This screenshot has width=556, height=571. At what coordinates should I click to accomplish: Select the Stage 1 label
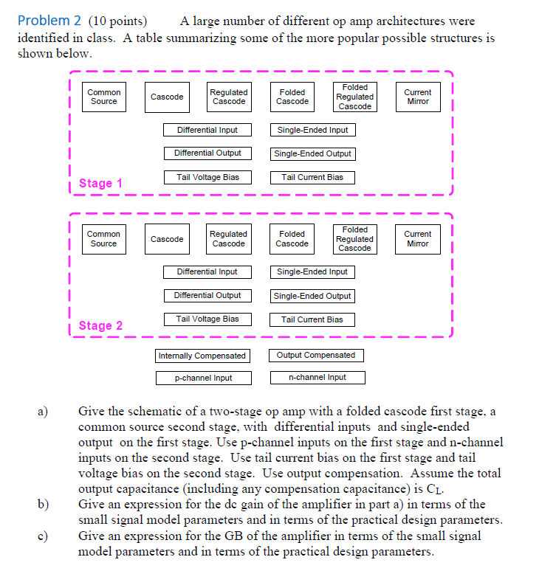pos(100,183)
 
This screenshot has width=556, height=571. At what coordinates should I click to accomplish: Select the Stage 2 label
pos(100,325)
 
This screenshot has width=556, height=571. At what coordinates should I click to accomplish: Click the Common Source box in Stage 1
pos(103,97)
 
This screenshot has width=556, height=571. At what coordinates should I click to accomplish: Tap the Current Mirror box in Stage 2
pos(417,239)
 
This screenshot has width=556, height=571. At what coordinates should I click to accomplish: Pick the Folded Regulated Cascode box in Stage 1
pos(354,97)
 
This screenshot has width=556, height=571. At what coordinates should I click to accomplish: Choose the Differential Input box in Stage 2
pos(207,271)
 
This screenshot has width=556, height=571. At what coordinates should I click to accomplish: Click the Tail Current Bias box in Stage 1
pos(312,177)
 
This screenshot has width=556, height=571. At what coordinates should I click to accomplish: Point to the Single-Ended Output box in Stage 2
pos(312,296)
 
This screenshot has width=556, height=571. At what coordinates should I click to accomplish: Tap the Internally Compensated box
pos(202,356)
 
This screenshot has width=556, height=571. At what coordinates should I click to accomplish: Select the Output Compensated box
pos(315,355)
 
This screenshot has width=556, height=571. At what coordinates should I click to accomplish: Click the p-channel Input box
pos(203,378)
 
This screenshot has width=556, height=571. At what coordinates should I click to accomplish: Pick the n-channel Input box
pos(317,377)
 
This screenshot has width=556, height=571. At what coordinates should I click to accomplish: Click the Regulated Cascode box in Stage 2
pos(228,239)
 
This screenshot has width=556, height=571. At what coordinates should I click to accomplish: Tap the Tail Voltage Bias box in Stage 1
pos(207,177)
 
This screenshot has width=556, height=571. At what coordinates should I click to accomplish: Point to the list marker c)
pos(43,536)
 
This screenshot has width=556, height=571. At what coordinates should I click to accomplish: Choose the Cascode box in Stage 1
pos(167,97)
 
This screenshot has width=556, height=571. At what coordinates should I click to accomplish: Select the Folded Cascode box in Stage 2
pos(292,239)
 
